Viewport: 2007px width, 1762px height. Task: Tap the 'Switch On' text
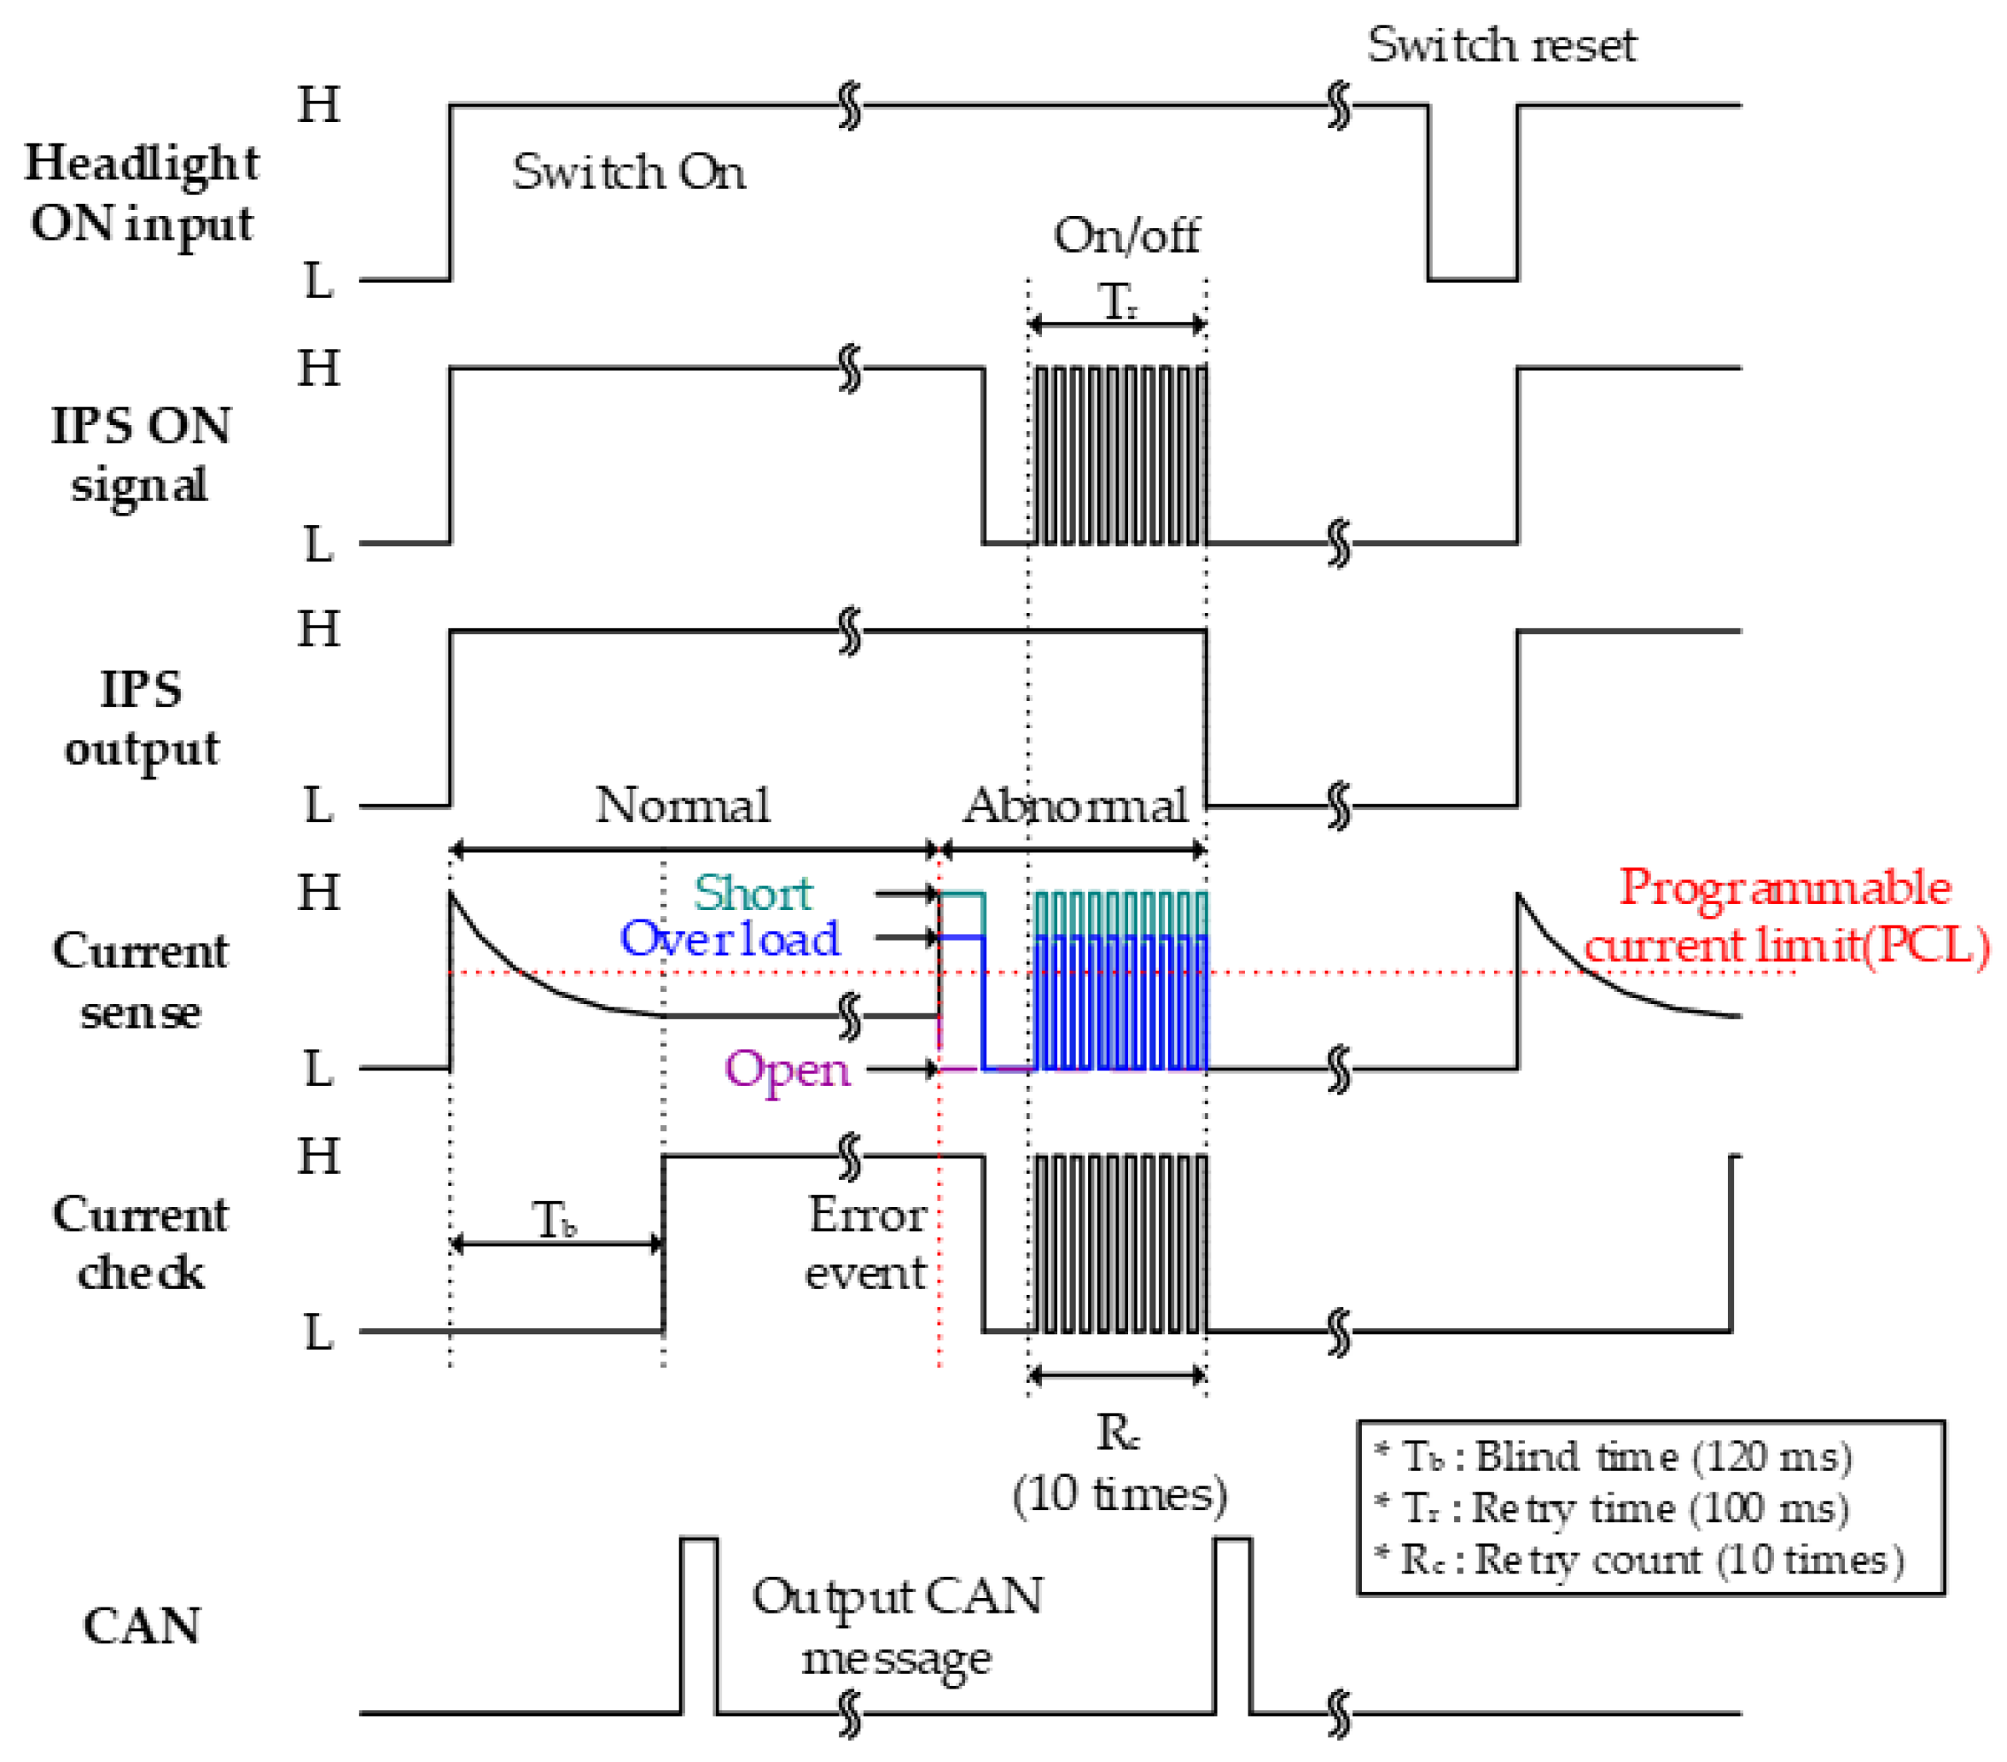coord(628,172)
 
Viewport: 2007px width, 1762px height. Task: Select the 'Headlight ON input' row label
coord(142,194)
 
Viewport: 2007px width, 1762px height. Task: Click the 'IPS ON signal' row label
coord(142,456)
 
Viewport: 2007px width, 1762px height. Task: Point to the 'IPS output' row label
coord(142,718)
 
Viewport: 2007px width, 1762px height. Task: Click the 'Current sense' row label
coord(142,980)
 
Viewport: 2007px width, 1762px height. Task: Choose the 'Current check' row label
coord(142,1244)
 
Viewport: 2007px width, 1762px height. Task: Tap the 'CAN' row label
coord(142,1625)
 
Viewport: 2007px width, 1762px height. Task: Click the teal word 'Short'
coord(753,894)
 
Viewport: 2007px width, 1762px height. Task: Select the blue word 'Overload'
coord(730,939)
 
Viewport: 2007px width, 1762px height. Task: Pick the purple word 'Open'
coord(787,1069)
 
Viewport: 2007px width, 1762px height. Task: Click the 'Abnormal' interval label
coord(1075,807)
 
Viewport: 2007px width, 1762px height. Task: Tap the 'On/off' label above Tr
coord(1126,236)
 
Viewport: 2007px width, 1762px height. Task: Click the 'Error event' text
coord(866,1244)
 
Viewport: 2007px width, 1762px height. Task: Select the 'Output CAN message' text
coord(897,1626)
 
